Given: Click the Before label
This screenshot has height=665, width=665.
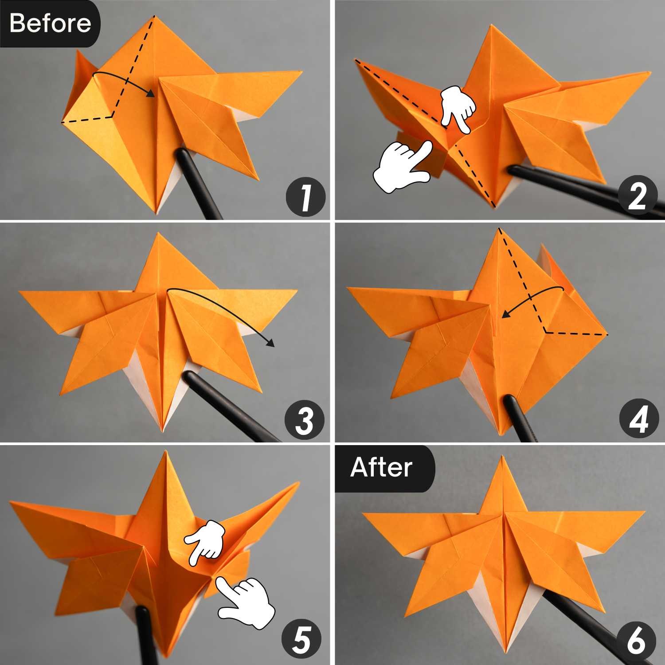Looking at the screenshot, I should point(50,23).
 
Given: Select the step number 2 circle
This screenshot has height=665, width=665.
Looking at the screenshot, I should point(637,196).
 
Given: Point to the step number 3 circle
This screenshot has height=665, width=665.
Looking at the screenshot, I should point(304,420).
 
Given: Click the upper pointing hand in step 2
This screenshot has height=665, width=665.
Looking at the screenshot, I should point(459,108).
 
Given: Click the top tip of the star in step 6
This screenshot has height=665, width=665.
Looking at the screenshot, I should point(502,457).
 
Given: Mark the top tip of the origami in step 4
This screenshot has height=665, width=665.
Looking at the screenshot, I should point(500,228).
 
